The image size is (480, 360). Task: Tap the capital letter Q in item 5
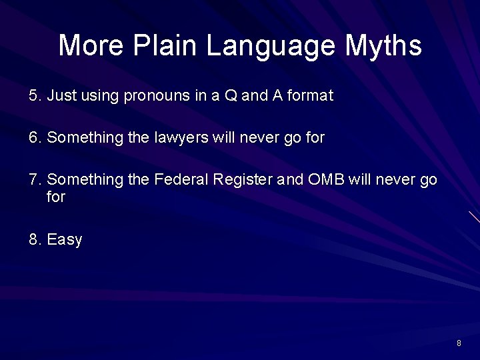231,96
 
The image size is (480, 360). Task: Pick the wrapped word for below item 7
56,197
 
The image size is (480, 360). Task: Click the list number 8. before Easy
35,239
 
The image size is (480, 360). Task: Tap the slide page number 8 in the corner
459,343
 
